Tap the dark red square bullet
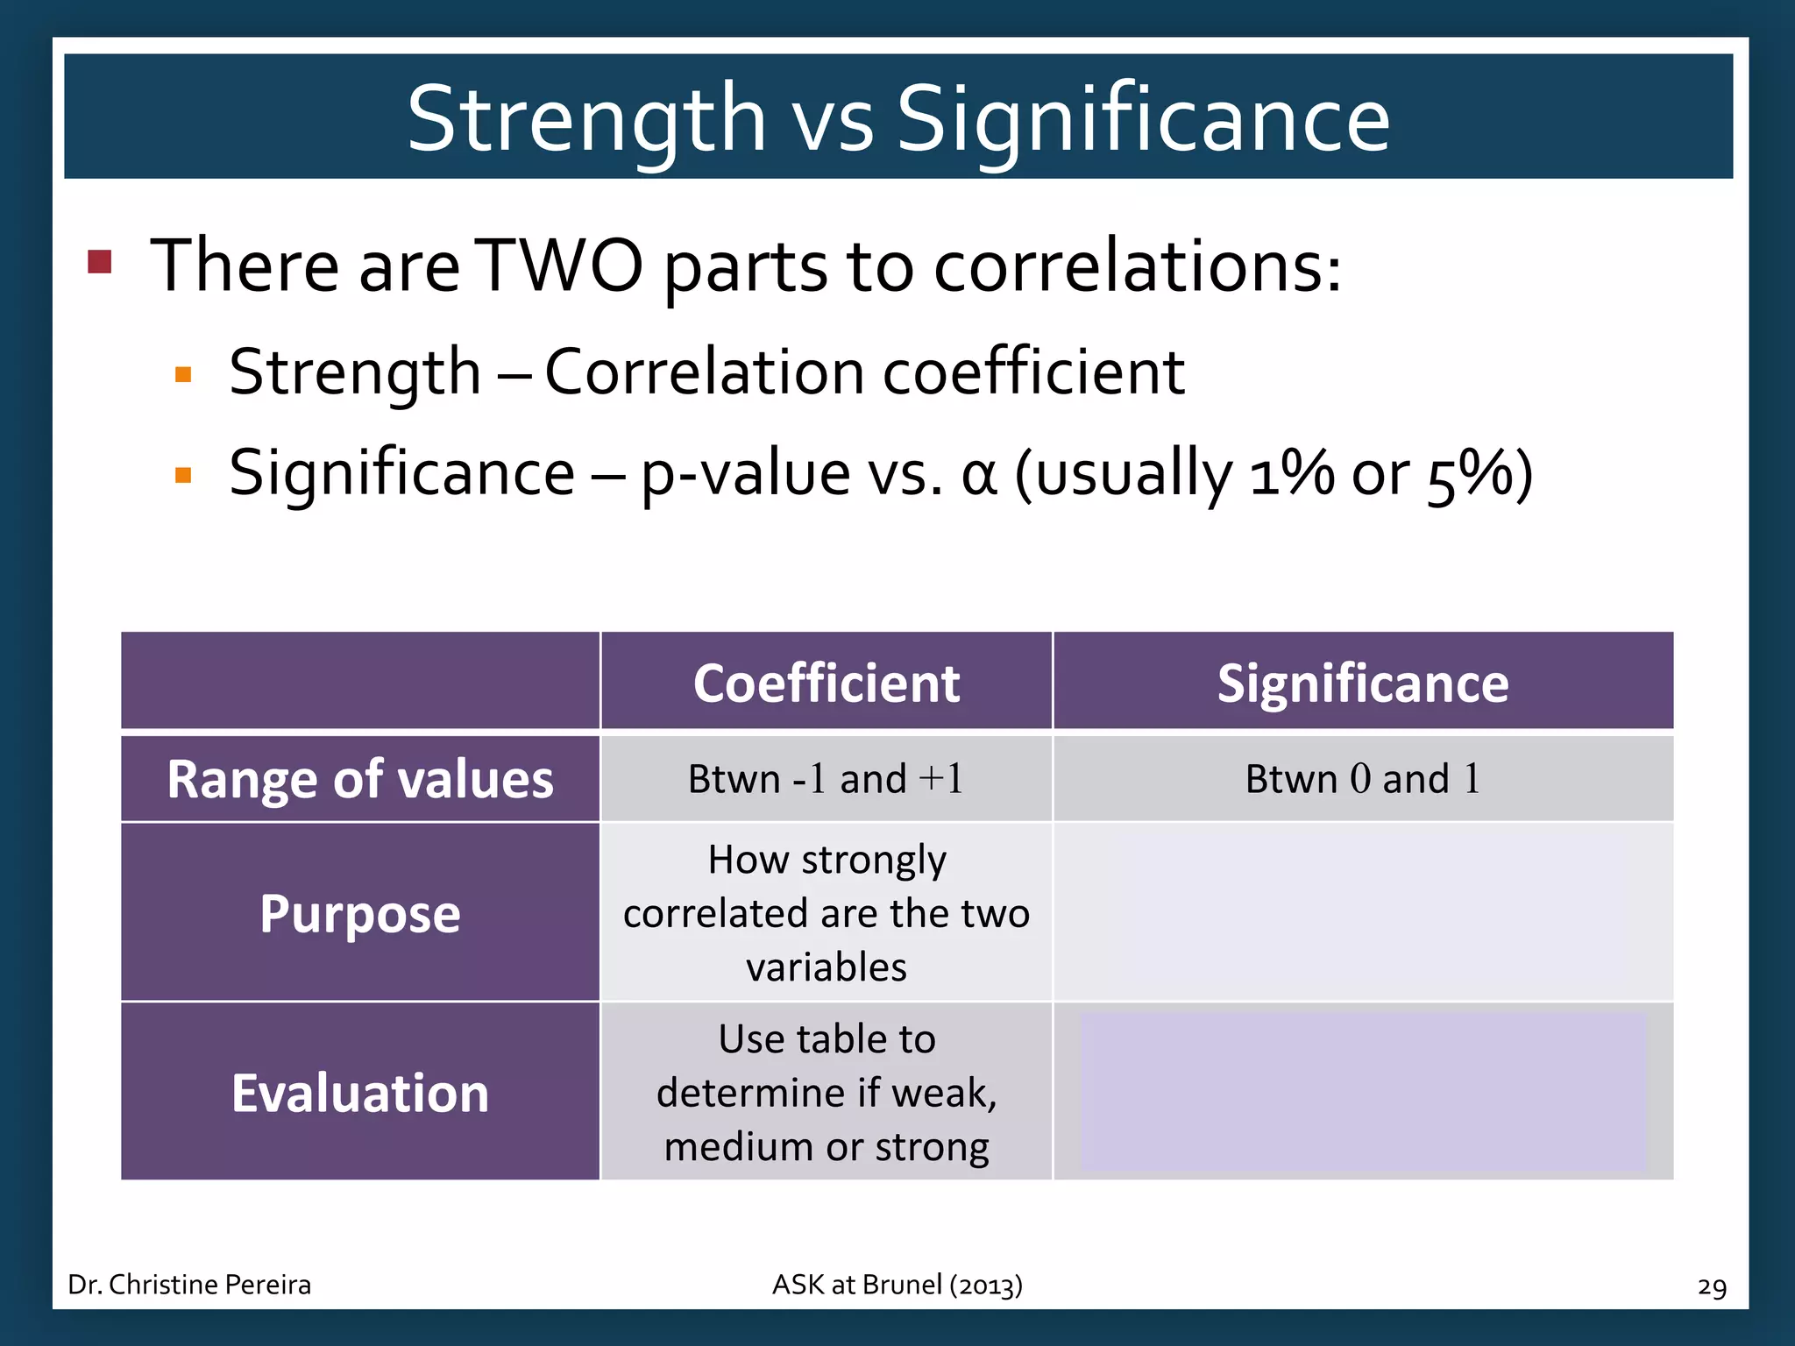pos(100,261)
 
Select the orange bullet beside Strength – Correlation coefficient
pos(183,375)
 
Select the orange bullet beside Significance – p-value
pos(183,476)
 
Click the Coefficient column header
pos(826,683)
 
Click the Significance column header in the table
pos(1362,683)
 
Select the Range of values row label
pos(360,779)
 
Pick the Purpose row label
pos(360,913)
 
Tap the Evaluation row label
pos(360,1093)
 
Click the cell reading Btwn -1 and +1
pos(826,779)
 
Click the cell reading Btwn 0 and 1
pos(1362,779)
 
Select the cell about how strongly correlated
pos(826,913)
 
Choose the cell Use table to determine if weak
pos(826,1093)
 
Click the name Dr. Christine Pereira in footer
pos(189,1285)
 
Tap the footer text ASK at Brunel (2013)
pos(897,1285)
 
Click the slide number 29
pos(1711,1286)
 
